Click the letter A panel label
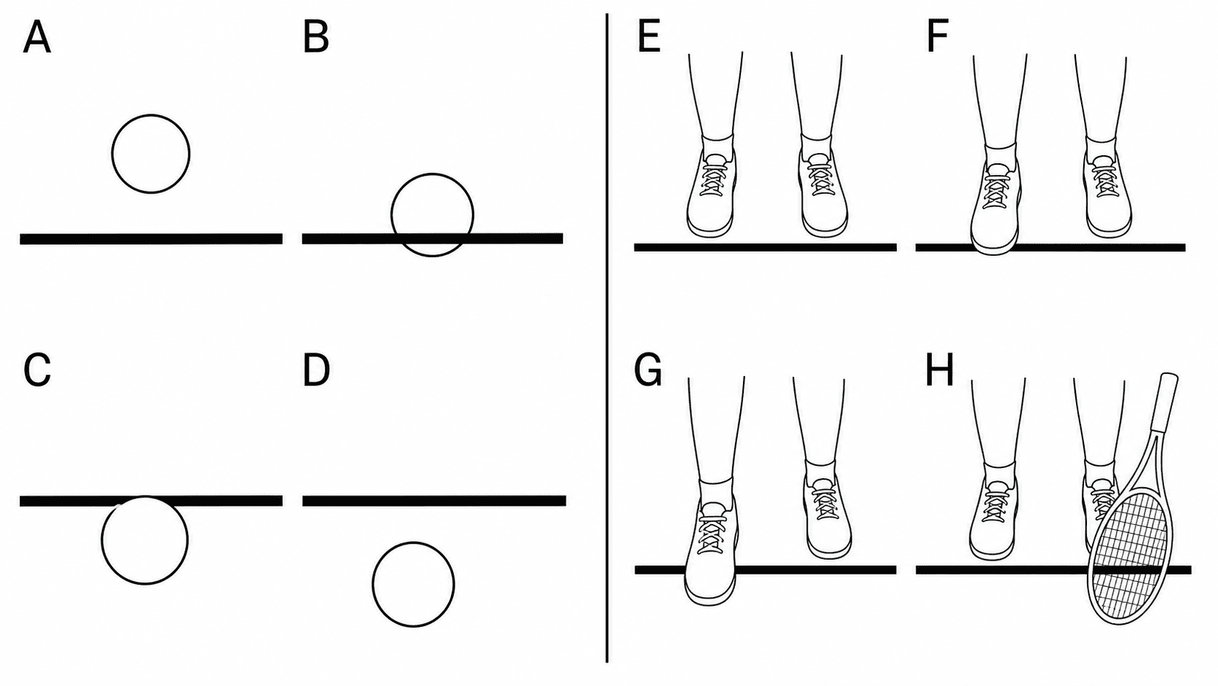[37, 39]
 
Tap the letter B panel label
[316, 39]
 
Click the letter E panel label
[648, 37]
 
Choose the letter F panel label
[938, 37]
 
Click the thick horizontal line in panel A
[152, 239]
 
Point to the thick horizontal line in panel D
[434, 501]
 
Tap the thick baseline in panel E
[765, 247]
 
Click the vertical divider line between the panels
[607, 338]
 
